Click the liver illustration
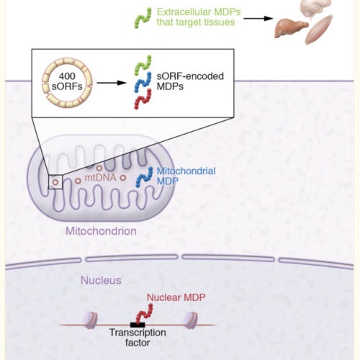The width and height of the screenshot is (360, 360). point(290,28)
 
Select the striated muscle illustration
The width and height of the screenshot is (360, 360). point(319,30)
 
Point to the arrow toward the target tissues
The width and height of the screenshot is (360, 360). point(258,18)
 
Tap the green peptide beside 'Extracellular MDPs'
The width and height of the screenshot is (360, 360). point(143,18)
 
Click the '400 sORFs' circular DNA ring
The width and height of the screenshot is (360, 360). point(44,83)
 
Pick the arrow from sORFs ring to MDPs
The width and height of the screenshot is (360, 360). point(112,83)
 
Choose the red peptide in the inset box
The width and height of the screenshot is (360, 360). point(143,99)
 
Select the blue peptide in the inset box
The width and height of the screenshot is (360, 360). point(143,82)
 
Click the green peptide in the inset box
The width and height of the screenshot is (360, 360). point(143,66)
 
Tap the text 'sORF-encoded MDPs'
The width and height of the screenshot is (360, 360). point(190,81)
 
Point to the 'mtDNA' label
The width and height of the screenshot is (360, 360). point(100,178)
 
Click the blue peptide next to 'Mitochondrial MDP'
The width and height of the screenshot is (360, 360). point(144,177)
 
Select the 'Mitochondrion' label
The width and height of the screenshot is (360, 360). point(101,231)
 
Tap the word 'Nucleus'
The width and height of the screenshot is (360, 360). point(101,280)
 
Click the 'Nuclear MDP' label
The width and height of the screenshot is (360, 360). point(176,297)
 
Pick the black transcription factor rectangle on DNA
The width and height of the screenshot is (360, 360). point(138,325)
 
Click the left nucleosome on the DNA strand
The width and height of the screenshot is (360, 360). point(90,320)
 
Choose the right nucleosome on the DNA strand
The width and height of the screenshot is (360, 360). point(191,320)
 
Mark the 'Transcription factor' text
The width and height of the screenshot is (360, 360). point(138,338)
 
